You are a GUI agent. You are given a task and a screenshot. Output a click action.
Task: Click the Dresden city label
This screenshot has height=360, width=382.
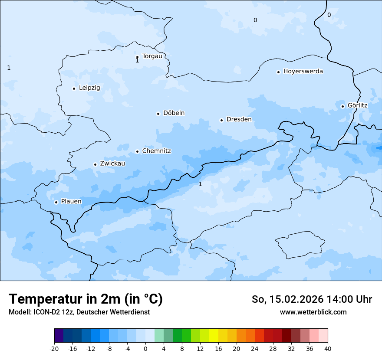click(239, 119)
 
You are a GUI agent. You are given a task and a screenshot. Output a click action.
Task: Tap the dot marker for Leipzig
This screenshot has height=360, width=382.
click(74, 88)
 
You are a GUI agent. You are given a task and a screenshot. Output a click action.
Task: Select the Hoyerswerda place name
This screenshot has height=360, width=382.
click(303, 71)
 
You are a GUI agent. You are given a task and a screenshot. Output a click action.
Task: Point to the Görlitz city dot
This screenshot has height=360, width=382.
click(342, 106)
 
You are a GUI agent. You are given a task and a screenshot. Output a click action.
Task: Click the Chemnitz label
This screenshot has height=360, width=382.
click(156, 151)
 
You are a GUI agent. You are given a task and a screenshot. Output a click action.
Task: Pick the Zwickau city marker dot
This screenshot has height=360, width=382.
click(95, 164)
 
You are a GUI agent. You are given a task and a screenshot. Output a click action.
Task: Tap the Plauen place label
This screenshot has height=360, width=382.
click(71, 201)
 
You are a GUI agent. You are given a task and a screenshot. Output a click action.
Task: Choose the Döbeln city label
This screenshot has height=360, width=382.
click(174, 113)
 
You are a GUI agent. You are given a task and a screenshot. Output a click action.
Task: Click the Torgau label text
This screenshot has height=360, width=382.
click(152, 56)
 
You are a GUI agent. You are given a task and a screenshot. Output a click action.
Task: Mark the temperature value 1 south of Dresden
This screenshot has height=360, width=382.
click(200, 184)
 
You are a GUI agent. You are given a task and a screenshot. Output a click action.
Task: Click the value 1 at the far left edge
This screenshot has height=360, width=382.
click(9, 68)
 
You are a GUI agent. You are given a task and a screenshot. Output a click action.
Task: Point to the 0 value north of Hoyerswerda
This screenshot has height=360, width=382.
click(255, 20)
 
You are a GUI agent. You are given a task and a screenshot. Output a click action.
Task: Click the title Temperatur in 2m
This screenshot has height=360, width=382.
click(86, 299)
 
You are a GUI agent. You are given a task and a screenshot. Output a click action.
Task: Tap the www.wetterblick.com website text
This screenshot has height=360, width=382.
click(313, 312)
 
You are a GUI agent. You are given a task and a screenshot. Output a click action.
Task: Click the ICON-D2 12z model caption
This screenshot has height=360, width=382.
click(79, 312)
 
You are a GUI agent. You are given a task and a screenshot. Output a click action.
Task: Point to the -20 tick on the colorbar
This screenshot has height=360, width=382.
click(54, 349)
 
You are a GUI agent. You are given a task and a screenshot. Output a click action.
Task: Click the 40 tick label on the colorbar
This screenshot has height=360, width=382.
click(327, 349)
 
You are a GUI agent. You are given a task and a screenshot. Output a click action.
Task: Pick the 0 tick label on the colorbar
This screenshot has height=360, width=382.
click(145, 349)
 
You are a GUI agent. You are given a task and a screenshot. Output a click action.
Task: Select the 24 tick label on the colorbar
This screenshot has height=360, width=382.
click(254, 349)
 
